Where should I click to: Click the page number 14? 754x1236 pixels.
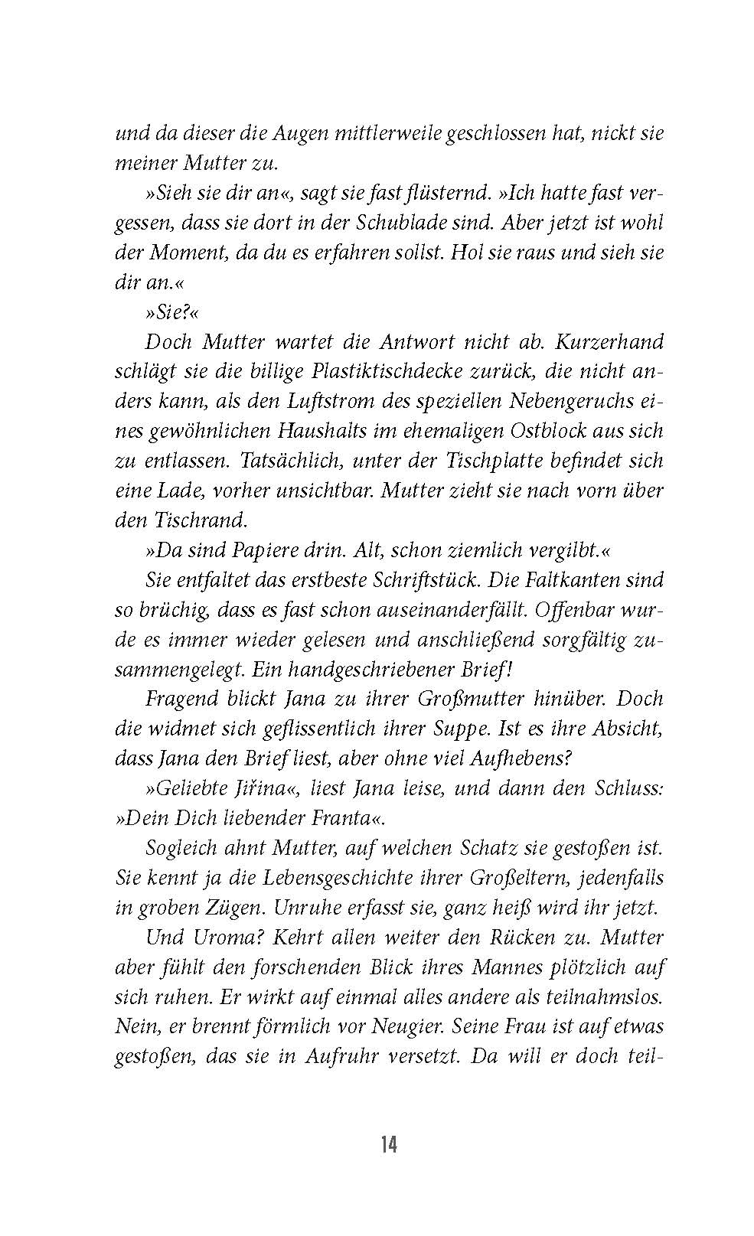(388, 1145)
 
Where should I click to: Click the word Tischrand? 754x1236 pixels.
(201, 520)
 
